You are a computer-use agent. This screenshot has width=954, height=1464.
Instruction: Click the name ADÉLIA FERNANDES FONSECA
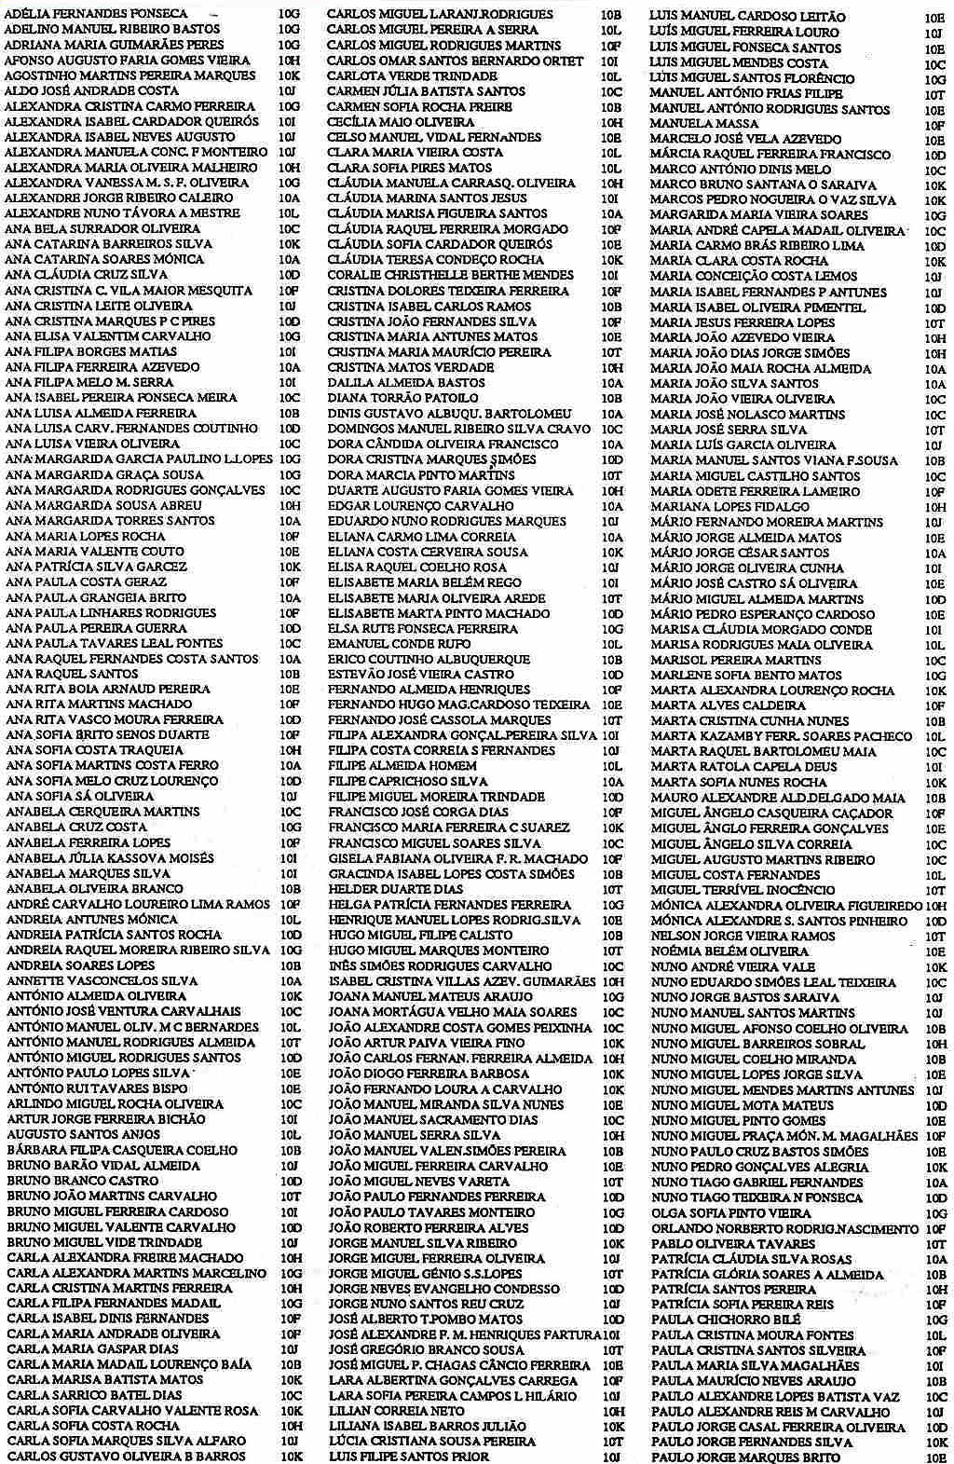[x=96, y=14]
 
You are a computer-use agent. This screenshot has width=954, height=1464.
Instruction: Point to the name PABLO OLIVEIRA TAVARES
[x=719, y=1243]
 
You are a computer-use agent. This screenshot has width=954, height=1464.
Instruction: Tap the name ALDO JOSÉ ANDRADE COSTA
[x=91, y=90]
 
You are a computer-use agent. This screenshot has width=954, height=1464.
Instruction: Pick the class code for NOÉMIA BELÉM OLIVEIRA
[x=935, y=951]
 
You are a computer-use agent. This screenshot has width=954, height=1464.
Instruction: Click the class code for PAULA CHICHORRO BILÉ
[x=935, y=1320]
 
